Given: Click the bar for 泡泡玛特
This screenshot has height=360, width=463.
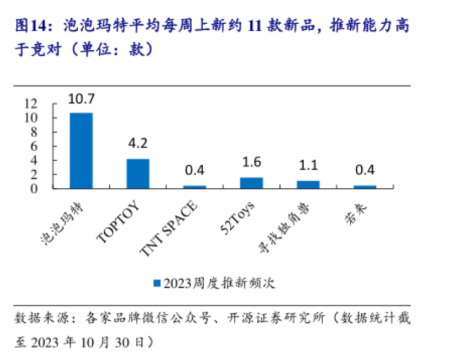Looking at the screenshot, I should [81, 150].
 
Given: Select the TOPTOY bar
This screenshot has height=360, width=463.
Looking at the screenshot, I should [138, 173].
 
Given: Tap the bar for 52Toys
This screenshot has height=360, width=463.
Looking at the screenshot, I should [251, 182].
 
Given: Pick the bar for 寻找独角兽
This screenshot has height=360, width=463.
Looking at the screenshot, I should [308, 184].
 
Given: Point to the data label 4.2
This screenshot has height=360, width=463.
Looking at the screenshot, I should [138, 144].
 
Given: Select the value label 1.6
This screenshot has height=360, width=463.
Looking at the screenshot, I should [251, 162].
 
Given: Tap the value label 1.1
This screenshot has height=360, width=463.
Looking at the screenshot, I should [308, 165].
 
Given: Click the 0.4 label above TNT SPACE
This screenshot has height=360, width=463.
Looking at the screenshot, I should [195, 170].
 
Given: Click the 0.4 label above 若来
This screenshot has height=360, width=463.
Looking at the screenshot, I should [365, 170].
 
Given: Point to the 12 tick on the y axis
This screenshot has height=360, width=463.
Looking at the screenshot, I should [30, 104].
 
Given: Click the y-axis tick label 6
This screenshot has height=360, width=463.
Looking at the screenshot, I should [35, 146].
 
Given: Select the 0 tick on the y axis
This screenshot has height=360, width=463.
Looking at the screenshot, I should [35, 188].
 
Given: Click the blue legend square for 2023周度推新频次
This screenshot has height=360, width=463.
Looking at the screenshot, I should [157, 283].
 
